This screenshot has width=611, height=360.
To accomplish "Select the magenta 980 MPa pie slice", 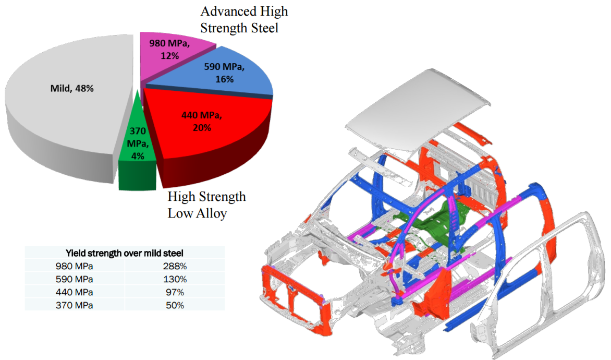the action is (172, 53).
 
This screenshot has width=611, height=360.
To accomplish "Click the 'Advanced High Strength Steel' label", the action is (244, 19).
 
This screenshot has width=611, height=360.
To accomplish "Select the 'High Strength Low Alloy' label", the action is (206, 205).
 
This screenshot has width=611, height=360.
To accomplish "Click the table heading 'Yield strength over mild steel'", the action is (124, 253).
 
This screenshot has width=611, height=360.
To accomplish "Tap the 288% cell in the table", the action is (175, 266).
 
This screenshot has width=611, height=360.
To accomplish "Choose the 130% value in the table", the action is (175, 279).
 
